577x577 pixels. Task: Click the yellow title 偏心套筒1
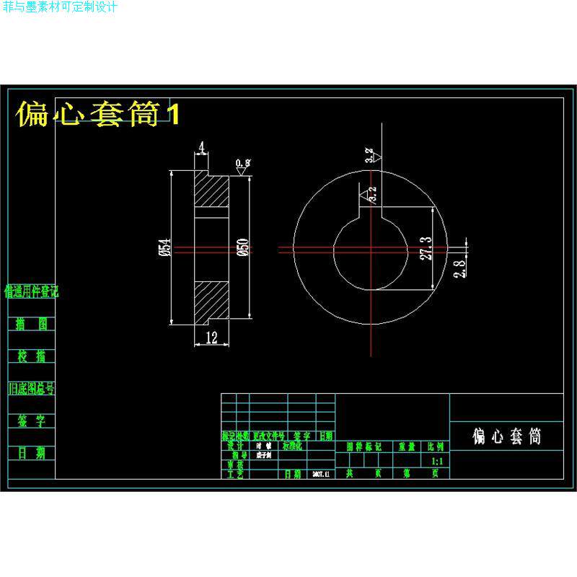pyautogui.click(x=97, y=114)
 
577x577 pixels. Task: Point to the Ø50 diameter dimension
pyautogui.click(x=243, y=247)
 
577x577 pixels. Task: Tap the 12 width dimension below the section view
pyautogui.click(x=211, y=338)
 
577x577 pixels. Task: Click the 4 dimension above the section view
pyautogui.click(x=201, y=147)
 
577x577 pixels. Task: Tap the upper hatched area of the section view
pyautogui.click(x=212, y=193)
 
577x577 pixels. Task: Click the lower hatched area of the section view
pyautogui.click(x=212, y=301)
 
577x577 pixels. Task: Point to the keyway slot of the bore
pyautogui.click(x=372, y=213)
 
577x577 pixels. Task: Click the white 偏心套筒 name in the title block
pyautogui.click(x=506, y=436)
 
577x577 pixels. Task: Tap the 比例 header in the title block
pyautogui.click(x=436, y=446)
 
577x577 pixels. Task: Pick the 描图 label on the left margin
pyautogui.click(x=31, y=324)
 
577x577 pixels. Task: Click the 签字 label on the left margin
pyautogui.click(x=31, y=421)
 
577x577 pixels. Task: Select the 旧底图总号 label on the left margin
pyautogui.click(x=31, y=389)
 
